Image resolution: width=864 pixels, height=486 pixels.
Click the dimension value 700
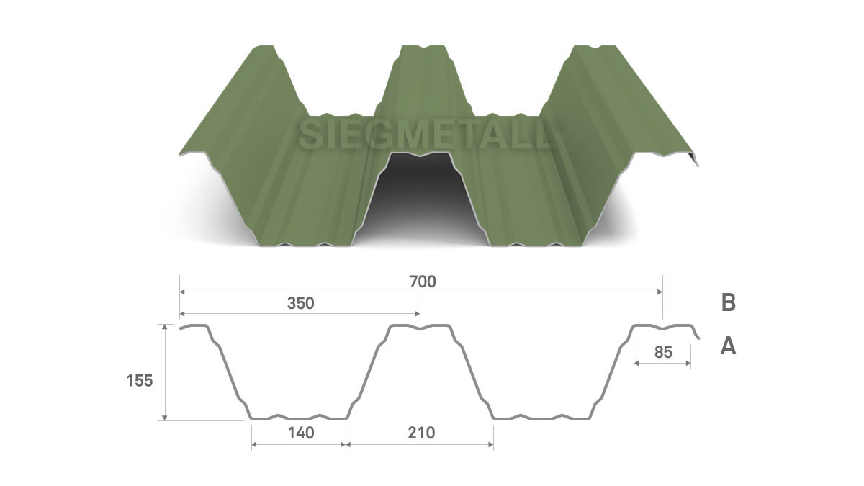pyautogui.click(x=423, y=282)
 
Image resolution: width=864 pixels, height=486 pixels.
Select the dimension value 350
pyautogui.click(x=300, y=304)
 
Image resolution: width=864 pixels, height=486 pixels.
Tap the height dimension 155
pyautogui.click(x=140, y=381)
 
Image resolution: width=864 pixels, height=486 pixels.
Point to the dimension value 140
pyautogui.click(x=301, y=433)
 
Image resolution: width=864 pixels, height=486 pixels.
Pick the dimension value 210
pyautogui.click(x=421, y=433)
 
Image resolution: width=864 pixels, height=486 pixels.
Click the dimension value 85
pyautogui.click(x=663, y=352)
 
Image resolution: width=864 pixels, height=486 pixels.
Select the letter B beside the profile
pyautogui.click(x=728, y=303)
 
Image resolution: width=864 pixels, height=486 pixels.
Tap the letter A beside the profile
pyautogui.click(x=728, y=346)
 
